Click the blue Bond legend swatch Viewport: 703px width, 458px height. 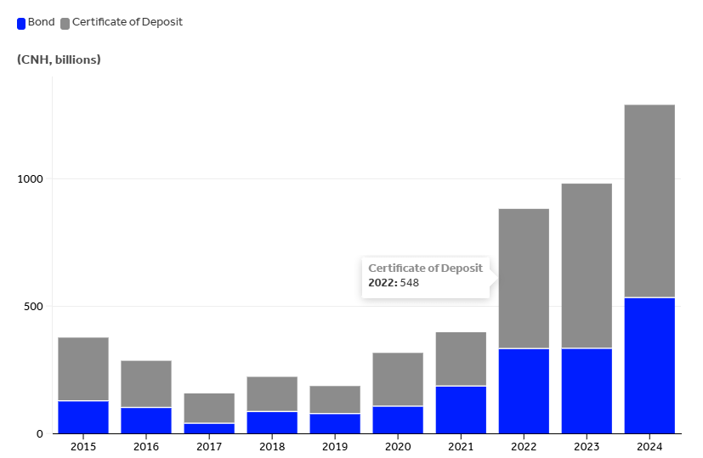pos(21,23)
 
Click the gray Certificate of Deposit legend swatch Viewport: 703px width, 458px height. pos(65,23)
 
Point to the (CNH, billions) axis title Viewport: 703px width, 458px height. pos(59,59)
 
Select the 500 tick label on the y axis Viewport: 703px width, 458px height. pos(33,307)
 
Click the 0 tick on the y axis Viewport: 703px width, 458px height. pos(39,434)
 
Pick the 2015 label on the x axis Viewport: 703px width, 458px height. pos(83,446)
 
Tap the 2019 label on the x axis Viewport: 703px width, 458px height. pos(335,446)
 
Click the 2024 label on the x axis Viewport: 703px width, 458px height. pos(649,446)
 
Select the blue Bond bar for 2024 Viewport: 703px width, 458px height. pos(649,365)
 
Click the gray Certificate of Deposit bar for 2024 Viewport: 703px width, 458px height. pos(649,201)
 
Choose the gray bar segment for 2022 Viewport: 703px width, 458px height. pos(524,279)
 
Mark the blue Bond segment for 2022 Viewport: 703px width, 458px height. pos(524,391)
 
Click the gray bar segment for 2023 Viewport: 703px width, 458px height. pos(587,265)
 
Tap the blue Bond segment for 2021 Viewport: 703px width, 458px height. pos(461,410)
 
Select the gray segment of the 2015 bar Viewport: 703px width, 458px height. pos(83,369)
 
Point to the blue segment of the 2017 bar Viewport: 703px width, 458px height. pos(209,428)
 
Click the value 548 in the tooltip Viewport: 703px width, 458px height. pos(410,283)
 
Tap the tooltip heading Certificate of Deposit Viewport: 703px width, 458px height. pos(425,269)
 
